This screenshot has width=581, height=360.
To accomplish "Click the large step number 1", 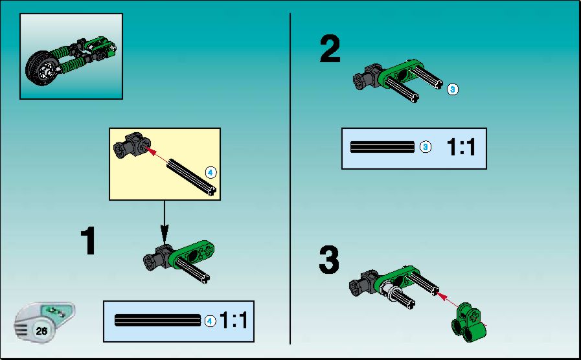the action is click(x=89, y=241).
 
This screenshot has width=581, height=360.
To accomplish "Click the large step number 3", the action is click(x=329, y=260).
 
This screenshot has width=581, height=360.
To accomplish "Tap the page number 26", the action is click(x=41, y=330).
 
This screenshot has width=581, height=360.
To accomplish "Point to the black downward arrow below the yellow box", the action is click(x=165, y=222).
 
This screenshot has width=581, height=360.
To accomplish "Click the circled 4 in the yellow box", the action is click(x=210, y=172).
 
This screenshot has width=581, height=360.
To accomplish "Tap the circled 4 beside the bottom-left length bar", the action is click(x=210, y=321).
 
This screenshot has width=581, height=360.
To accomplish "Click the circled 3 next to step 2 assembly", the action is click(x=452, y=89).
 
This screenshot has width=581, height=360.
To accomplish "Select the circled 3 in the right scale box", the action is click(x=426, y=147).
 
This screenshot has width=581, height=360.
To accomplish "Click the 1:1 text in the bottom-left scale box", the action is click(x=233, y=321).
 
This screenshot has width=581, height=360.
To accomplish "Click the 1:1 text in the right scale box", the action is click(x=461, y=147).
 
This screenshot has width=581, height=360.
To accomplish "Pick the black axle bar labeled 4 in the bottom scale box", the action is click(x=158, y=321).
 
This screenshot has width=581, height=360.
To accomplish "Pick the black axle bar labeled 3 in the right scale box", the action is click(x=382, y=147).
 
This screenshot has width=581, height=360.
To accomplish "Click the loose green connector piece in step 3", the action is click(x=469, y=322).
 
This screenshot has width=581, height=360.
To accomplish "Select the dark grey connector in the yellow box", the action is click(x=132, y=145).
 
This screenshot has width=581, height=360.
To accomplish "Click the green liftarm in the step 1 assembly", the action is click(x=192, y=254).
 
